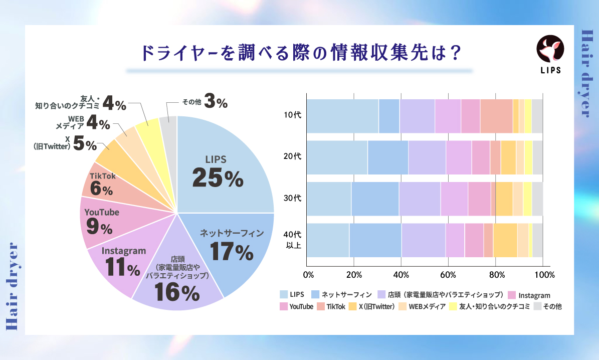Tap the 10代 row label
[292, 115]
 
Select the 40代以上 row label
[292, 240]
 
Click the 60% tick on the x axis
[448, 275]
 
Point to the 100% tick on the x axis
[544, 275]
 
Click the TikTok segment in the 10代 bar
[496, 116]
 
